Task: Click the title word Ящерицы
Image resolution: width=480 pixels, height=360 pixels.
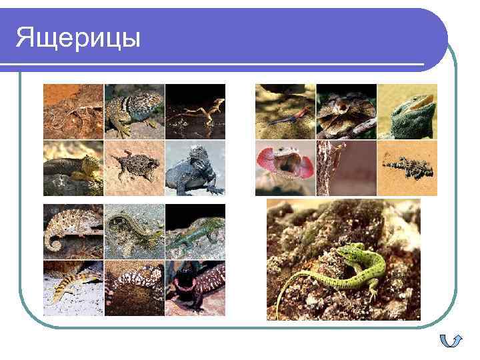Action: pyautogui.click(x=79, y=37)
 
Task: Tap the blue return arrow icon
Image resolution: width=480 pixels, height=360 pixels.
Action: pyautogui.click(x=451, y=341)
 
